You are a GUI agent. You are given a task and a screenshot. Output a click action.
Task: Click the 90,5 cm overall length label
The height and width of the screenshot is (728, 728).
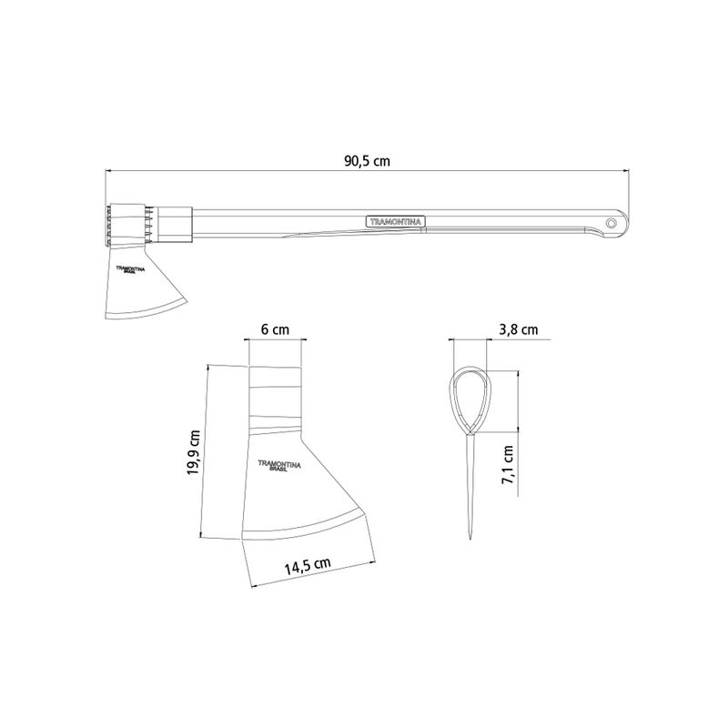[x=367, y=161]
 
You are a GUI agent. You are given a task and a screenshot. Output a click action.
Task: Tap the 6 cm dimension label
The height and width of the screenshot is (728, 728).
[x=275, y=329]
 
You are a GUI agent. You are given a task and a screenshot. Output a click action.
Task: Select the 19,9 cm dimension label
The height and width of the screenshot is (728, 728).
[x=193, y=452]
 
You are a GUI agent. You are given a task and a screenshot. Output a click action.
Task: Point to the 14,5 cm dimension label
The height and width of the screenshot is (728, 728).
[x=308, y=566]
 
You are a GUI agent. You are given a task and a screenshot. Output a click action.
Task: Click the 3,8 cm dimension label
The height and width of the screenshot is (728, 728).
[x=518, y=329]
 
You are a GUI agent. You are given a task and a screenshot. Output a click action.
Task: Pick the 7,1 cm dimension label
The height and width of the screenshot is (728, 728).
[x=508, y=465]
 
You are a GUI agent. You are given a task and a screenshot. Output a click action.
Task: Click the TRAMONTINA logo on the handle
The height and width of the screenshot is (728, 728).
[x=396, y=222]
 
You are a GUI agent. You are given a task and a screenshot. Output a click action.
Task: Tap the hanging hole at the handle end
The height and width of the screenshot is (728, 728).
[x=612, y=223]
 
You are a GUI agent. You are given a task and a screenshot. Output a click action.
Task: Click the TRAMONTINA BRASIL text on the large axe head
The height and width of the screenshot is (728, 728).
[x=279, y=466]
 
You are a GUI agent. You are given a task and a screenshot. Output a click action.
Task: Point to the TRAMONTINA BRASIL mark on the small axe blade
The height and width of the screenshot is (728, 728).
[x=130, y=269]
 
